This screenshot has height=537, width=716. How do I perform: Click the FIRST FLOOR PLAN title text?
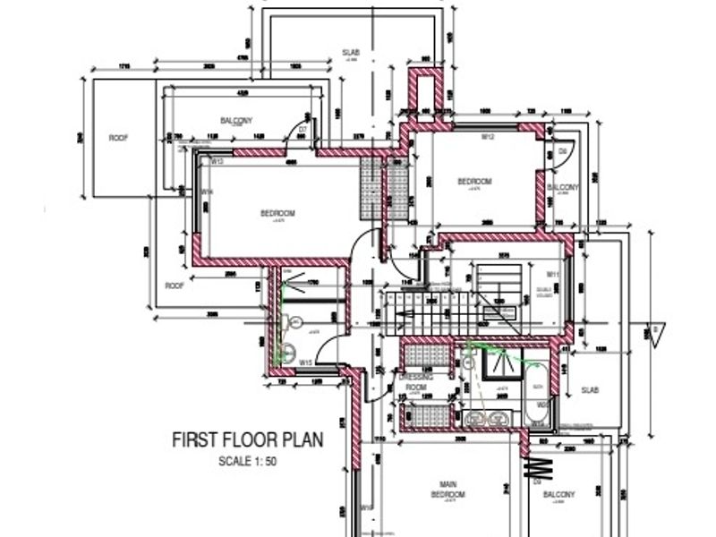[x=247, y=440]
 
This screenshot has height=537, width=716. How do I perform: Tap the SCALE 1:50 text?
[x=248, y=462]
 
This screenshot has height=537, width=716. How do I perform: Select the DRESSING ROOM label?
[x=418, y=382]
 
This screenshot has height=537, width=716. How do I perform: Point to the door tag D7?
[x=303, y=130]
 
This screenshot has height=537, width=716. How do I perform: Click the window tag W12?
[x=489, y=137]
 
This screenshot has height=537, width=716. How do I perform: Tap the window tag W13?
[x=217, y=161]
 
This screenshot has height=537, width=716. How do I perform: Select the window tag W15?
[x=305, y=362]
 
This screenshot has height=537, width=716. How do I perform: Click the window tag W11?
[x=552, y=274]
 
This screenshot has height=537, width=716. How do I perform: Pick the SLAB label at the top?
[x=351, y=53]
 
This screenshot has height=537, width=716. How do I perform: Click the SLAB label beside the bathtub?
[x=590, y=389]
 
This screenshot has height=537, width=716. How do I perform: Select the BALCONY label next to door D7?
[x=236, y=120]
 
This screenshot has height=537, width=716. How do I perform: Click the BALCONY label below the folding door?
[x=558, y=494]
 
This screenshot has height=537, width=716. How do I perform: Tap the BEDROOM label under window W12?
[x=475, y=181]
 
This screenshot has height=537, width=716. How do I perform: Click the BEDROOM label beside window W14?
[x=277, y=213]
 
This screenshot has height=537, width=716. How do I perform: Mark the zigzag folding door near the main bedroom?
[x=540, y=467]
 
